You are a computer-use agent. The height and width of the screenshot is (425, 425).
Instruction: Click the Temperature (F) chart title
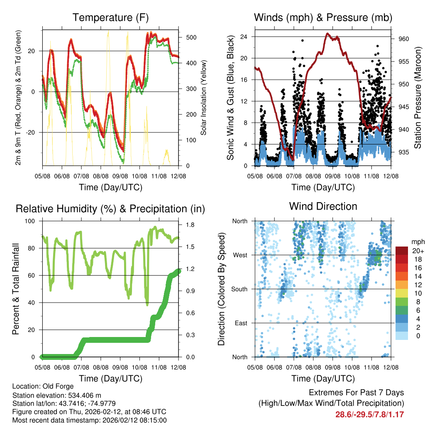(110, 17)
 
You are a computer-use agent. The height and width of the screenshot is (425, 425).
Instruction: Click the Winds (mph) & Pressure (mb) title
(323, 17)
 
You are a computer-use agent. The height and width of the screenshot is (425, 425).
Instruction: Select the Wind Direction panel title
(323, 206)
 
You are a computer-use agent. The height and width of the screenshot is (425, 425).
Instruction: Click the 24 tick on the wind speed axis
(244, 37)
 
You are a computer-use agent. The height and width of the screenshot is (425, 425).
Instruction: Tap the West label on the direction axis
(240, 255)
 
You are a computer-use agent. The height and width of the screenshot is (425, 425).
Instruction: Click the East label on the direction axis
(241, 323)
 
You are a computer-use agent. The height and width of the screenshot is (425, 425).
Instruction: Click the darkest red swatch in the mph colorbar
(402, 251)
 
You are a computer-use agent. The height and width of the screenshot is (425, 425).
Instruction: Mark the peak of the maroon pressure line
(327, 34)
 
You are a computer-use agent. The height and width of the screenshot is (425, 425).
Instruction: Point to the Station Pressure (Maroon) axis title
(418, 98)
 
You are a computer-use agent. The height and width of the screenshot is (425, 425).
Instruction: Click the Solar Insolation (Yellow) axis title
(204, 98)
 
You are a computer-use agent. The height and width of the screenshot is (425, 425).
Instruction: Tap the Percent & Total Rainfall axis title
(16, 289)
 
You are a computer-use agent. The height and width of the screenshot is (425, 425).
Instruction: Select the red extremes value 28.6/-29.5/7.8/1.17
(369, 414)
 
